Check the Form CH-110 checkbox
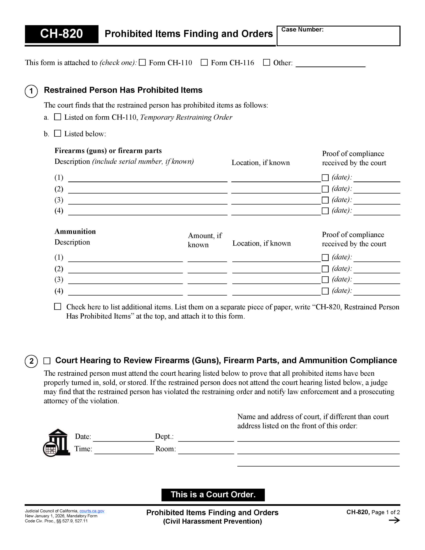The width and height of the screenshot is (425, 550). pyautogui.click(x=142, y=62)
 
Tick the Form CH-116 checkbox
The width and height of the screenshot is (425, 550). pyautogui.click(x=204, y=62)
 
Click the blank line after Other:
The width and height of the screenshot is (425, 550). pyautogui.click(x=330, y=63)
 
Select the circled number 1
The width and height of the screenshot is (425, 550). pyautogui.click(x=31, y=91)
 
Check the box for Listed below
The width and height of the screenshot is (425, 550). pyautogui.click(x=58, y=133)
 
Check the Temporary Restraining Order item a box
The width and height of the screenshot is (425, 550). pyautogui.click(x=58, y=117)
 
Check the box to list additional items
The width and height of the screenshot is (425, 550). pyautogui.click(x=58, y=306)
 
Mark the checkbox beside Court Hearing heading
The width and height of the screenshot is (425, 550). pyautogui.click(x=47, y=361)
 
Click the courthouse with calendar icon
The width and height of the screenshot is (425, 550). pyautogui.click(x=56, y=442)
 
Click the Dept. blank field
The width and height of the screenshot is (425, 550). pyautogui.click(x=206, y=438)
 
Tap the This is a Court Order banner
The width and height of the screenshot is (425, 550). pyautogui.click(x=213, y=495)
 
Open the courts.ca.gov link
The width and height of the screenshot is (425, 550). pyautogui.click(x=92, y=511)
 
